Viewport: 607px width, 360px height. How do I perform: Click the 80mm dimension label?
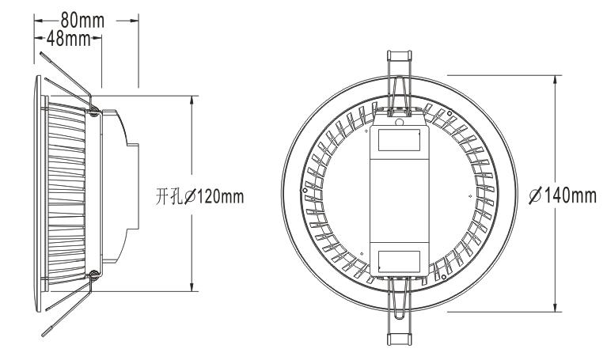[x=82, y=21]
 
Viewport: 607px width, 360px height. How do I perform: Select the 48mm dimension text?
[x=69, y=38]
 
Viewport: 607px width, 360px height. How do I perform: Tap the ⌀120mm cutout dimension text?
[x=214, y=197]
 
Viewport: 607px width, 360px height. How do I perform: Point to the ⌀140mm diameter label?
[x=563, y=195]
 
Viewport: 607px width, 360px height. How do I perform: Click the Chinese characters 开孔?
[x=169, y=197]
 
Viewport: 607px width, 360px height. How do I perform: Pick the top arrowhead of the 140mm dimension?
[x=556, y=80]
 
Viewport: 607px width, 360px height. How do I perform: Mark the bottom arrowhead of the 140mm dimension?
[x=556, y=306]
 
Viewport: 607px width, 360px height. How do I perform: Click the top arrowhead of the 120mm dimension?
[x=192, y=100]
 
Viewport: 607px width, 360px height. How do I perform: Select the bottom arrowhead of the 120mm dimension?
[x=192, y=286]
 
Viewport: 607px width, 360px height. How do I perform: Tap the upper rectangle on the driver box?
[x=399, y=140]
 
